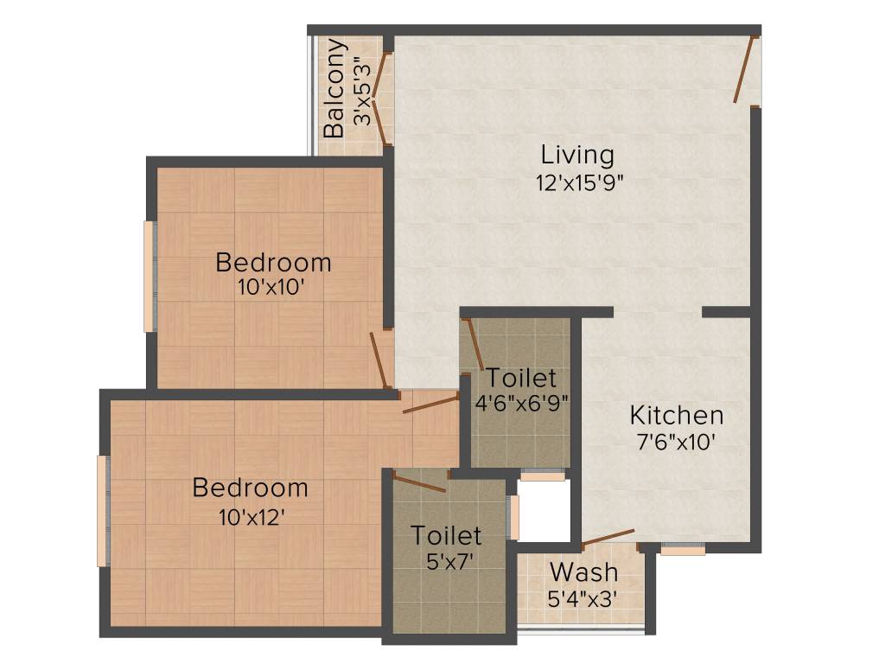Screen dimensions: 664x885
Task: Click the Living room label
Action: tap(577, 156)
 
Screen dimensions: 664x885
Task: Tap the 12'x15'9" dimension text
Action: tap(578, 183)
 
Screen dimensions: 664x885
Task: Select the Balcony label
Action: tap(335, 88)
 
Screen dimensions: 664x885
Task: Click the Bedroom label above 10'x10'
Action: tap(273, 261)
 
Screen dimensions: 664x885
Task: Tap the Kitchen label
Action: tap(676, 414)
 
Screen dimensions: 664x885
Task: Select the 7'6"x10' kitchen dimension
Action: tap(676, 442)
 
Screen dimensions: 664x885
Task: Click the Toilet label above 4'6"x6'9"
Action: tap(520, 378)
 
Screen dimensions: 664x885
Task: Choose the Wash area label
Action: tap(584, 571)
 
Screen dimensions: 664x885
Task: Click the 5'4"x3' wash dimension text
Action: tap(582, 598)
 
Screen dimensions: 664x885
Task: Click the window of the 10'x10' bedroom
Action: tap(150, 277)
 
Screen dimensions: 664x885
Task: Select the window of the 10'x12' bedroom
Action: tap(103, 511)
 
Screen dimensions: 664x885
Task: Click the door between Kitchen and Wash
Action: tap(608, 538)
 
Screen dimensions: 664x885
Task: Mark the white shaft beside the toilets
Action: tap(544, 510)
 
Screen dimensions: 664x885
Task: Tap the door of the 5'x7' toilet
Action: tap(419, 482)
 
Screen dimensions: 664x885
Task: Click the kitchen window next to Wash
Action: tap(683, 548)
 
